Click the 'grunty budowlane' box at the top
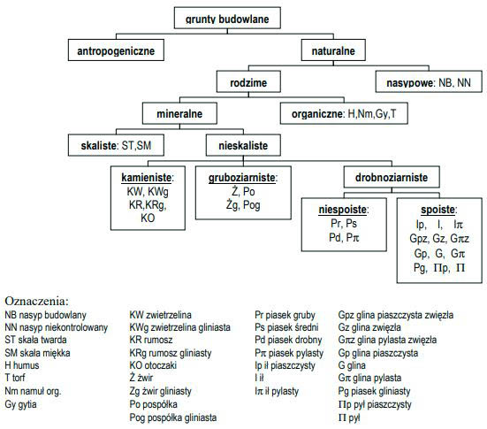[227, 18]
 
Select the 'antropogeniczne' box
[116, 50]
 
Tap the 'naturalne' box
[333, 50]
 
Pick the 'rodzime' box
[248, 81]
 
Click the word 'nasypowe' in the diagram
[409, 82]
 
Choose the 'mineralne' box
[179, 113]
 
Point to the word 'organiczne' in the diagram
[317, 114]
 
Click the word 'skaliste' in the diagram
[99, 145]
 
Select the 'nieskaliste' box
[243, 145]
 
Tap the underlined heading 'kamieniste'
[147, 178]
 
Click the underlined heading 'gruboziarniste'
[242, 178]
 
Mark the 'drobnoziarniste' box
[392, 177]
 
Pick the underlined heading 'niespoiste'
[342, 210]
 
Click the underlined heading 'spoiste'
[438, 210]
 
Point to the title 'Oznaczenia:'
[36, 301]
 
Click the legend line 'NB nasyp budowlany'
[45, 315]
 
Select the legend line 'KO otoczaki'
[153, 365]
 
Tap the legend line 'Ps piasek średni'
[286, 327]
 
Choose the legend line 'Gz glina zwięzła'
[369, 327]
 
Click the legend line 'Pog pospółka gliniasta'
[173, 418]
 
